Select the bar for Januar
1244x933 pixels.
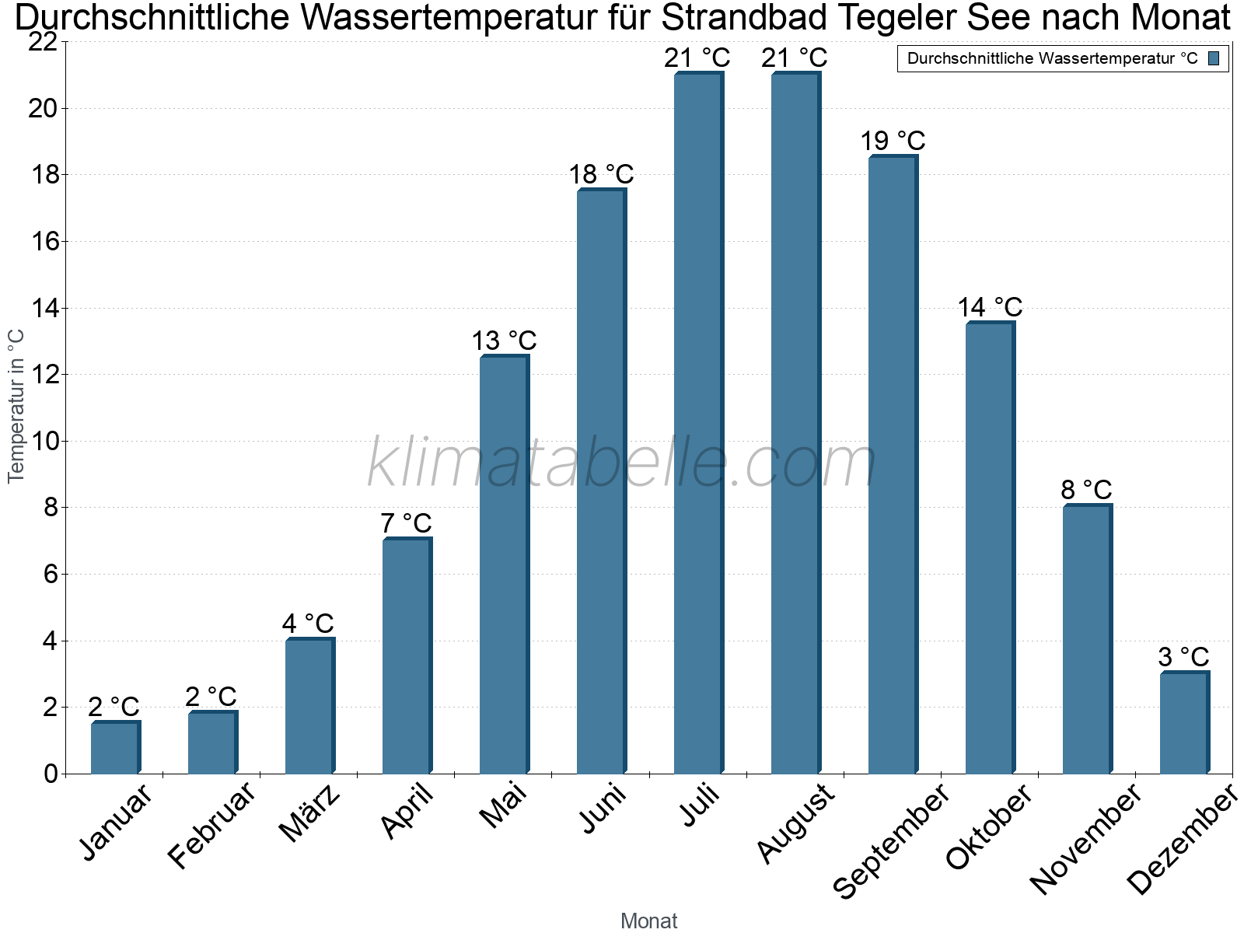[x=115, y=748]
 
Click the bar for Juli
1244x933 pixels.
[x=698, y=424]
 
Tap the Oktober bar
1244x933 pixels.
[x=990, y=548]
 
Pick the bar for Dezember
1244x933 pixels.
[x=1184, y=723]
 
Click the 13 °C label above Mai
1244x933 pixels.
[x=504, y=341]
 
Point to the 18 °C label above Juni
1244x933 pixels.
[x=601, y=174]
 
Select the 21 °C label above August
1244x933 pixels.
[x=795, y=58]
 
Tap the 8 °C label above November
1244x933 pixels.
[x=1086, y=490]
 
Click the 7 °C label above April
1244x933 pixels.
[x=406, y=523]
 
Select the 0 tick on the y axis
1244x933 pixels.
[x=51, y=774]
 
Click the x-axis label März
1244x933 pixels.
[x=310, y=813]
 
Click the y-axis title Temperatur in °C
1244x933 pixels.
[x=16, y=406]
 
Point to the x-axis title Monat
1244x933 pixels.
[x=648, y=921]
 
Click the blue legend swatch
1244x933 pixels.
[x=1214, y=58]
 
